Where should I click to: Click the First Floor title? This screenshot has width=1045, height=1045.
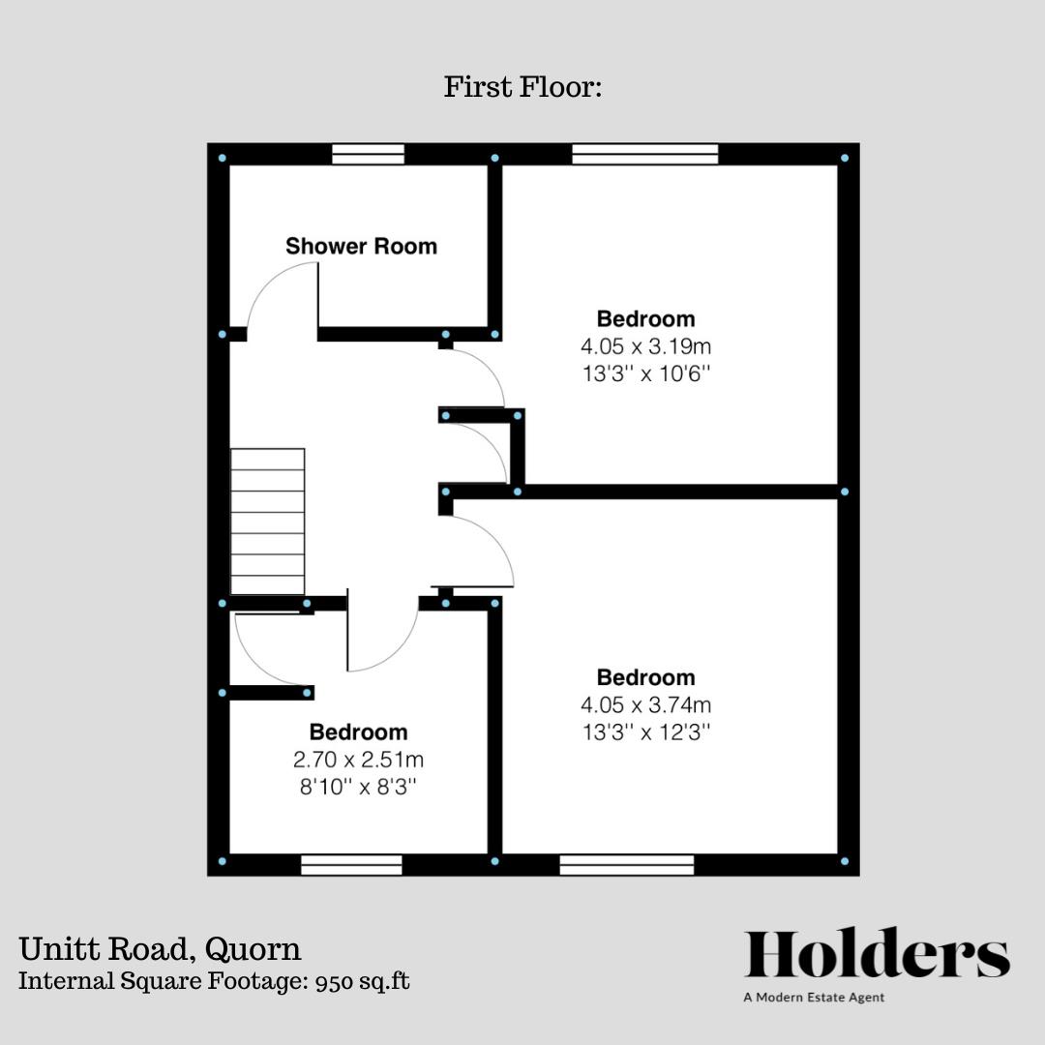(522, 87)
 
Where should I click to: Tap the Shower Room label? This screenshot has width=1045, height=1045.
(361, 246)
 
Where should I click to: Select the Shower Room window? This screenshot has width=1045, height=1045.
(368, 154)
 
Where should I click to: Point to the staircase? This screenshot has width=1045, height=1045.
(267, 522)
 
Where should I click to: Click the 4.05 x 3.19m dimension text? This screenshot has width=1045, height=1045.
(645, 345)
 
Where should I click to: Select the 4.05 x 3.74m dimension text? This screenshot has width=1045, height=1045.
(645, 704)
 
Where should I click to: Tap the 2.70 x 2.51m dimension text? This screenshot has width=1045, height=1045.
(358, 760)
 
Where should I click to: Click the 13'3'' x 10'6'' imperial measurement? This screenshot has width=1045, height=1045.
(645, 373)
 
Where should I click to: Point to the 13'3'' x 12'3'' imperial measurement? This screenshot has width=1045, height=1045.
(645, 732)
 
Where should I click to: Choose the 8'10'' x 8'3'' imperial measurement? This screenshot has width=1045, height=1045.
(358, 787)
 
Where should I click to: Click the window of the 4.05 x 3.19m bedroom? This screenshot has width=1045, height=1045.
(645, 154)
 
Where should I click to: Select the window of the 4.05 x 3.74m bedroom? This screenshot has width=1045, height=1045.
(627, 864)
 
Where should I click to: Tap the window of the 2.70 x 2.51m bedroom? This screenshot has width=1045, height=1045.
(351, 864)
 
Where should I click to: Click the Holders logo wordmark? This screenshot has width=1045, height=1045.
(877, 956)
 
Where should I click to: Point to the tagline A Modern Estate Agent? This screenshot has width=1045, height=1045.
(814, 998)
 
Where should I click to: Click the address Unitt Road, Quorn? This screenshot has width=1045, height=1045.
(160, 947)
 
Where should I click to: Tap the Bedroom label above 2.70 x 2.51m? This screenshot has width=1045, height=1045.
(358, 731)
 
